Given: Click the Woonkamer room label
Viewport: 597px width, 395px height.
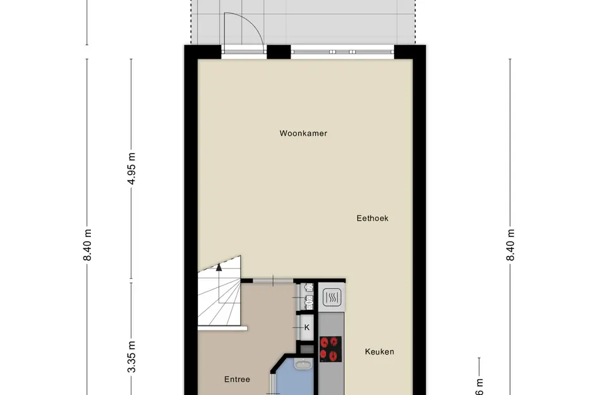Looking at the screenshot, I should click(x=303, y=133).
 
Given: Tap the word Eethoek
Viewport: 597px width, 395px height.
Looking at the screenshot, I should click(x=372, y=219).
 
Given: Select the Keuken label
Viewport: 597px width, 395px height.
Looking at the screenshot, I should click(x=379, y=351).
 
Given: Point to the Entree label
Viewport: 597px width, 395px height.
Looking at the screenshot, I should click(x=237, y=379).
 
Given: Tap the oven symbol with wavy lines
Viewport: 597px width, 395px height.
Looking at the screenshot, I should click(x=332, y=296).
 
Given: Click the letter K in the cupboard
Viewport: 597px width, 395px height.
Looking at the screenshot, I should click(x=307, y=327).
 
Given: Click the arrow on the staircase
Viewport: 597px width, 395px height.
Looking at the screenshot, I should click(x=219, y=267).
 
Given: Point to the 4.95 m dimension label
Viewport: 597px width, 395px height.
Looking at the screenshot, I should click(x=131, y=169).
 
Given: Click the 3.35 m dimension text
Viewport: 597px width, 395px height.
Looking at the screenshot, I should click(x=131, y=357).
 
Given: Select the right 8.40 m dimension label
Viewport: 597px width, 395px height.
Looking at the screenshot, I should click(x=510, y=245).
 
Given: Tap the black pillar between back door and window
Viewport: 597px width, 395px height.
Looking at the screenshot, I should click(x=276, y=52).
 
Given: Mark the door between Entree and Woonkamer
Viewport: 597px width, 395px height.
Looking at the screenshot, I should click(x=273, y=280).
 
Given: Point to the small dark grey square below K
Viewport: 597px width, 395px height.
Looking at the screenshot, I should click(x=306, y=348).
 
